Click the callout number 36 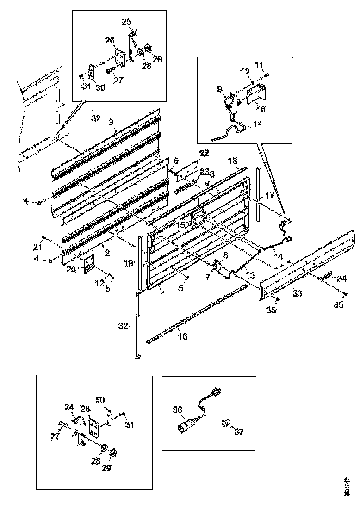tap(178, 410)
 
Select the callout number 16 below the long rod tap(183, 336)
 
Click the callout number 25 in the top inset tap(127, 21)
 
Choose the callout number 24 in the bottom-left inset tap(69, 407)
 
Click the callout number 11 tap(259, 63)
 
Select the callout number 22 tap(204, 153)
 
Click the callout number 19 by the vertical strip tap(129, 263)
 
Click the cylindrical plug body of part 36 tap(186, 425)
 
